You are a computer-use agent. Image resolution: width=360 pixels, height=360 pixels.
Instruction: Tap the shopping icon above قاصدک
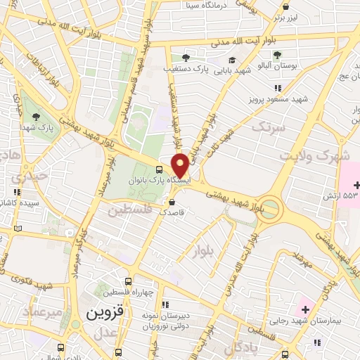172,202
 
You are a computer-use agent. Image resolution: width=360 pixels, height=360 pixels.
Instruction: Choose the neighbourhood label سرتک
269,127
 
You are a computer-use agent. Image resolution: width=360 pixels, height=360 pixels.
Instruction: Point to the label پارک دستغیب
195,69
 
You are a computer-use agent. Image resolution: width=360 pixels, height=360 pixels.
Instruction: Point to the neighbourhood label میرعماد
44,310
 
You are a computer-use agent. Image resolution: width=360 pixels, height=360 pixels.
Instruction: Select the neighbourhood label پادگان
243,349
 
